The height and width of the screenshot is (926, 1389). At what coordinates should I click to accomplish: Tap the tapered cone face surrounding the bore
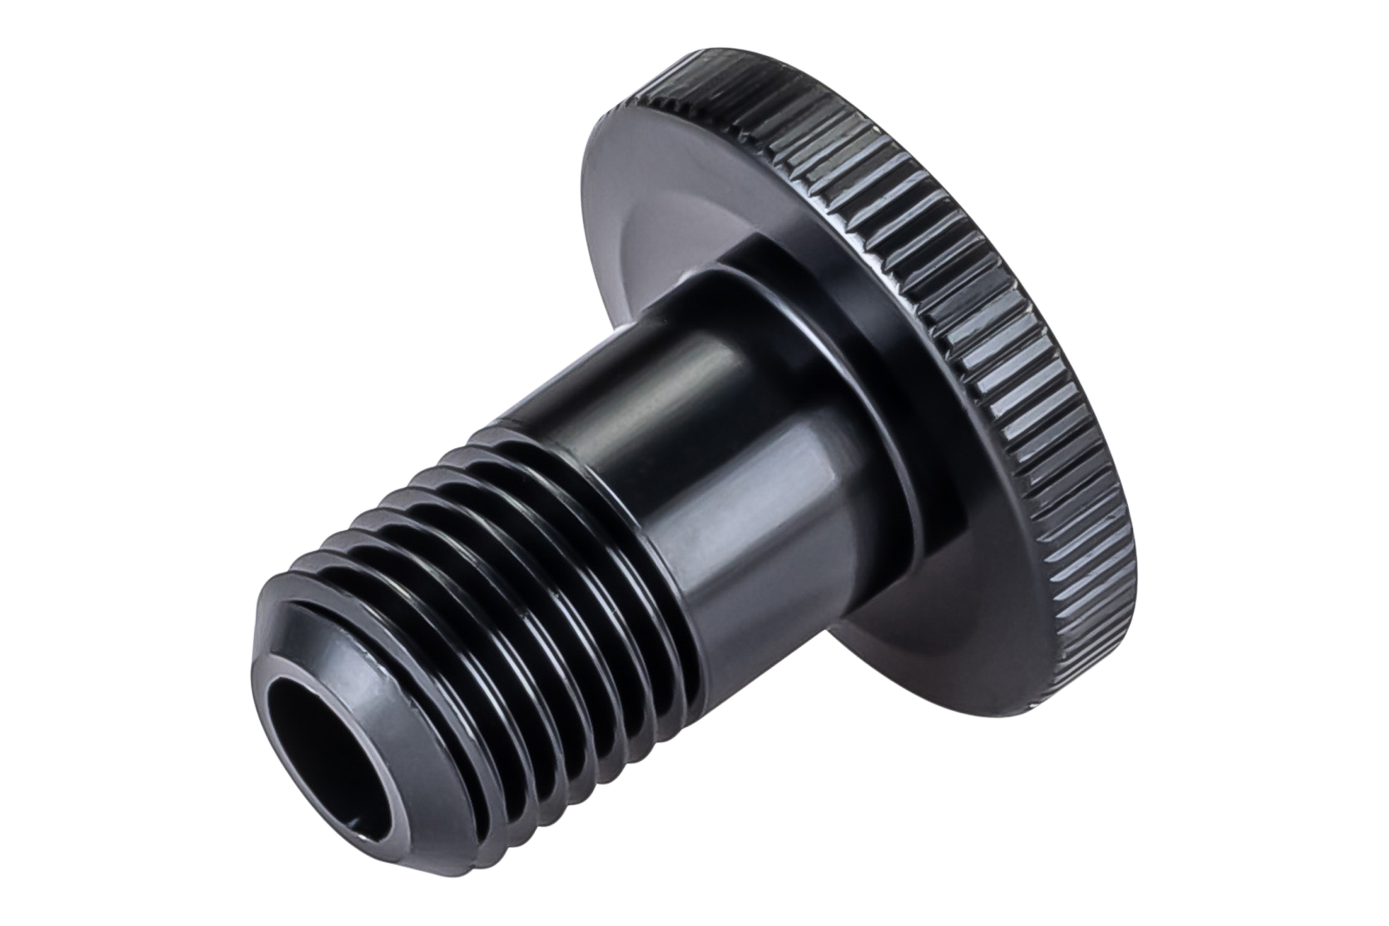(x=378, y=667)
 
